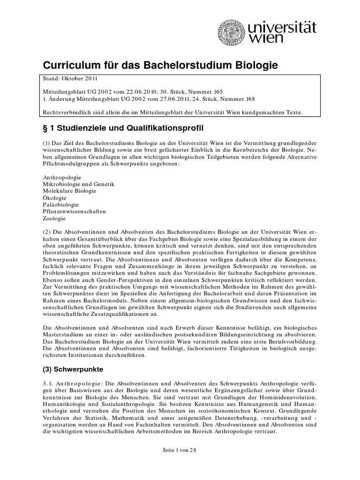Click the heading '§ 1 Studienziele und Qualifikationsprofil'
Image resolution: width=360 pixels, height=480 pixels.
(x=123, y=127)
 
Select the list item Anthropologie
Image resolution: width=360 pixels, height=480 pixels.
(x=61, y=178)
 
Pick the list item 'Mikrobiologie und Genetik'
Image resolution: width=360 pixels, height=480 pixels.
(x=78, y=185)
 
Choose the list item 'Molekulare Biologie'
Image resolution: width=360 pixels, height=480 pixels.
(x=69, y=191)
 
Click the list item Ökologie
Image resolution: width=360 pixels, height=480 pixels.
(x=54, y=198)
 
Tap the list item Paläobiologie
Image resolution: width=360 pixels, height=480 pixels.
(x=60, y=205)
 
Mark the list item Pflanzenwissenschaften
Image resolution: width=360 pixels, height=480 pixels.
(x=74, y=211)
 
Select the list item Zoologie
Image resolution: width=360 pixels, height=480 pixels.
(x=54, y=218)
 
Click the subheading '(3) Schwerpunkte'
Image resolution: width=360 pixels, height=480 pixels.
(x=74, y=369)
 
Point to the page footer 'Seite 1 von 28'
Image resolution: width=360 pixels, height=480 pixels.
(x=180, y=450)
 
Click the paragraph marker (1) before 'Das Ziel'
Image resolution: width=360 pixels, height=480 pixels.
(x=47, y=142)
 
